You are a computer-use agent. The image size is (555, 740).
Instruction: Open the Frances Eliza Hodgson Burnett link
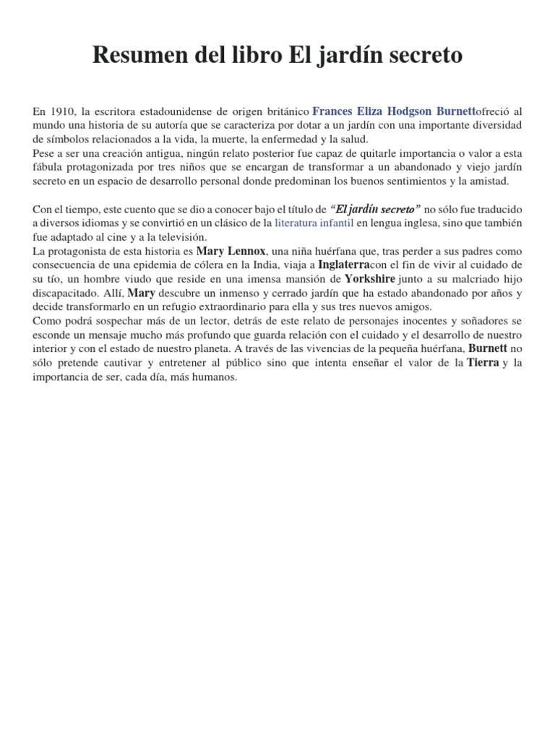coord(394,112)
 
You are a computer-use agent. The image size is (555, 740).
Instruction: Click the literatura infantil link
coord(314,223)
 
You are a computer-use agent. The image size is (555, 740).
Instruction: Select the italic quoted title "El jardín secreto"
coord(375,210)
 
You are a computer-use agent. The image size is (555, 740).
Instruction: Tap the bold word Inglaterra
coord(344,264)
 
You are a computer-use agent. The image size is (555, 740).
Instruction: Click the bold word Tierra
coord(483,363)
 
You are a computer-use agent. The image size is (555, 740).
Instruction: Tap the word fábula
coord(49,168)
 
